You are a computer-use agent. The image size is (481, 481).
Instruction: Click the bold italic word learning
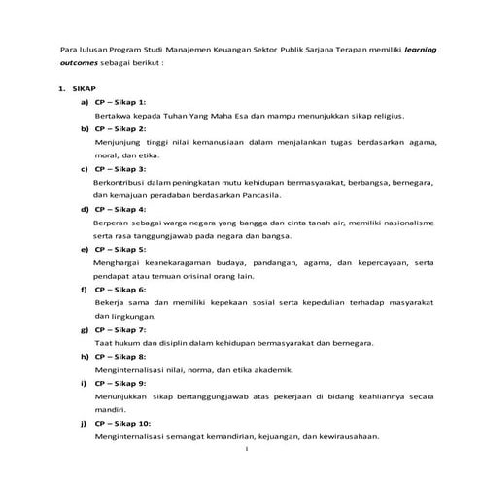414,46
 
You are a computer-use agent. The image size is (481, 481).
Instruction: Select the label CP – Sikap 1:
120,101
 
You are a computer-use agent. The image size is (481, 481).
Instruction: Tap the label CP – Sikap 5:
120,249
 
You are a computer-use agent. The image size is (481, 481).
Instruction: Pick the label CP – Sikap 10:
122,423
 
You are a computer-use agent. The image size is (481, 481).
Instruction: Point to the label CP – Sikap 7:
120,329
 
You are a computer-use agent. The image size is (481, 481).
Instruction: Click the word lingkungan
121,316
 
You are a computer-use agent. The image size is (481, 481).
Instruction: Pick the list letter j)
86,423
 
